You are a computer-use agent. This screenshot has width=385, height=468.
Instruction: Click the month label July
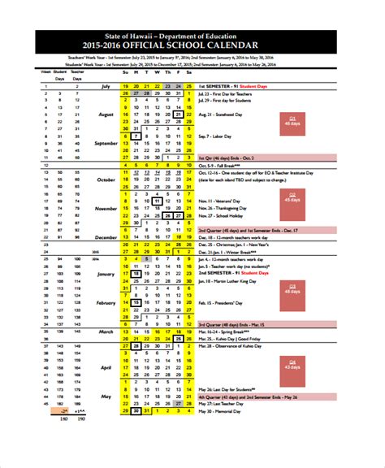point(106,84)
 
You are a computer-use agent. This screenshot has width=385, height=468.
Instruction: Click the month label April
point(106,367)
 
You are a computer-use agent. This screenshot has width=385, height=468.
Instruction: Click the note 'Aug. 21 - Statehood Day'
point(218,115)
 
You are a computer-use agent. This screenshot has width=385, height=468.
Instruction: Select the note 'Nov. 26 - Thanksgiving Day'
point(223,208)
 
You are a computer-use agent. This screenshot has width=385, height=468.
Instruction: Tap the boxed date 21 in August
point(178,115)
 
